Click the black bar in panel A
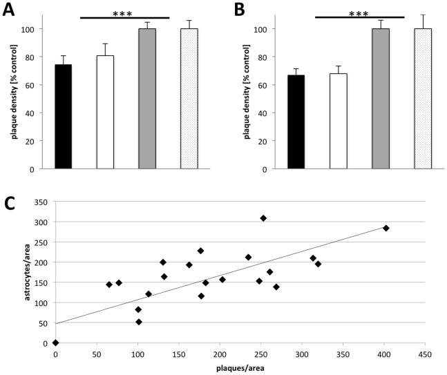[x=63, y=117]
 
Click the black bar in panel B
[x=296, y=122]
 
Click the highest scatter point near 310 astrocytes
[x=263, y=218]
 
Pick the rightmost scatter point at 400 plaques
[x=386, y=228]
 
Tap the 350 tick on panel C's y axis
[x=41, y=202]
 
